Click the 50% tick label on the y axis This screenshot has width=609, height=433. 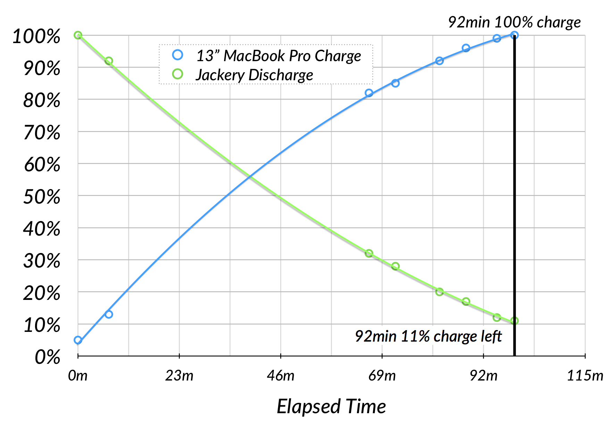click(x=42, y=197)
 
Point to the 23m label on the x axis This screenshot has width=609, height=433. click(x=179, y=376)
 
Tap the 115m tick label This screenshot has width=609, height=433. click(x=585, y=376)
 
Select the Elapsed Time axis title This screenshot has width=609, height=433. click(x=331, y=406)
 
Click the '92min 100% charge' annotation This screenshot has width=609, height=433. click(x=514, y=22)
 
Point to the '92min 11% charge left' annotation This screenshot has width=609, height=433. click(x=428, y=336)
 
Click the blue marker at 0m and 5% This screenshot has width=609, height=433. click(x=78, y=340)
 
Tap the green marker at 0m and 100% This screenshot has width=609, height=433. click(x=78, y=35)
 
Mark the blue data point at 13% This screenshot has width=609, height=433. click(x=109, y=314)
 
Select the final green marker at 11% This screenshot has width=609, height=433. click(x=515, y=321)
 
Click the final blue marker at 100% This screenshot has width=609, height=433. click(x=515, y=35)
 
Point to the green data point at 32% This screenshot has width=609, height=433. click(x=369, y=253)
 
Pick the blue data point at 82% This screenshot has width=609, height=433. click(x=369, y=93)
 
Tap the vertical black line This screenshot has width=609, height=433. click(x=515, y=209)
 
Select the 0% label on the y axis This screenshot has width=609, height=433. click(x=48, y=357)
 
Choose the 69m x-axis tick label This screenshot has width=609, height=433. click(x=382, y=376)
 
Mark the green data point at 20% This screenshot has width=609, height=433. click(x=439, y=292)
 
